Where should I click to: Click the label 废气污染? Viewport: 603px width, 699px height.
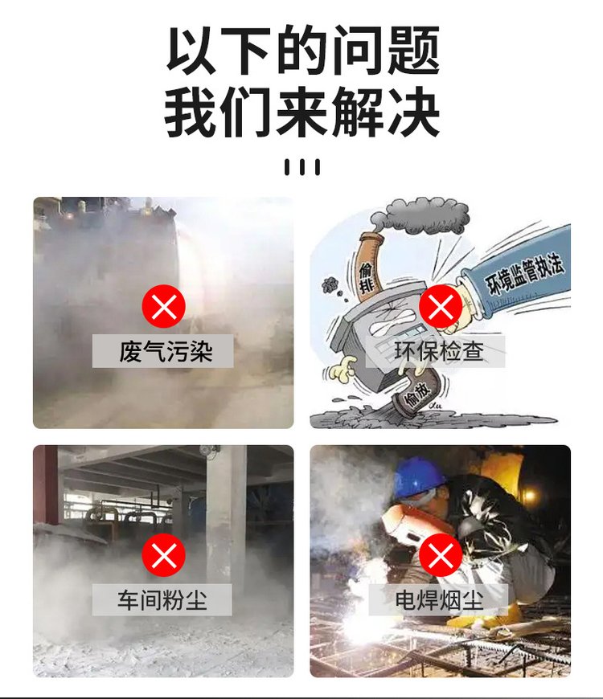pyautogui.click(x=165, y=351)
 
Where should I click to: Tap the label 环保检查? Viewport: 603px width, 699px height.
pyautogui.click(x=439, y=351)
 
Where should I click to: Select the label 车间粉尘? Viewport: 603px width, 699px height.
pyautogui.click(x=162, y=599)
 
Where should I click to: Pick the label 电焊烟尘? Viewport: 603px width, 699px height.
pyautogui.click(x=439, y=599)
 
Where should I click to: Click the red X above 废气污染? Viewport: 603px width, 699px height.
pyautogui.click(x=164, y=306)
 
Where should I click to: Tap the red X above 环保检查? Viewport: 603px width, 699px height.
pyautogui.click(x=441, y=306)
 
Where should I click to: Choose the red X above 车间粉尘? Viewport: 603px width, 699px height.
pyautogui.click(x=164, y=555)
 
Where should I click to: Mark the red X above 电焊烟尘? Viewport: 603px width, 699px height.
pyautogui.click(x=441, y=555)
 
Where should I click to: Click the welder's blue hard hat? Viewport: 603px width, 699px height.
pyautogui.click(x=419, y=477)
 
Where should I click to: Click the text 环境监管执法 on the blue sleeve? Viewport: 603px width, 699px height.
pyautogui.click(x=524, y=275)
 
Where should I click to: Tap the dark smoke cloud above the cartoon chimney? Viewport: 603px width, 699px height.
pyautogui.click(x=420, y=216)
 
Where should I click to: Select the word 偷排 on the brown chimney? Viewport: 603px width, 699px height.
pyautogui.click(x=366, y=278)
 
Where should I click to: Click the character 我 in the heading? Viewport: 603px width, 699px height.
pyautogui.click(x=191, y=112)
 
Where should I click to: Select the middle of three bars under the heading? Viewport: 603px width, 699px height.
pyautogui.click(x=302, y=167)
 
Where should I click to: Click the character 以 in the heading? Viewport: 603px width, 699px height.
pyautogui.click(x=191, y=50)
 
